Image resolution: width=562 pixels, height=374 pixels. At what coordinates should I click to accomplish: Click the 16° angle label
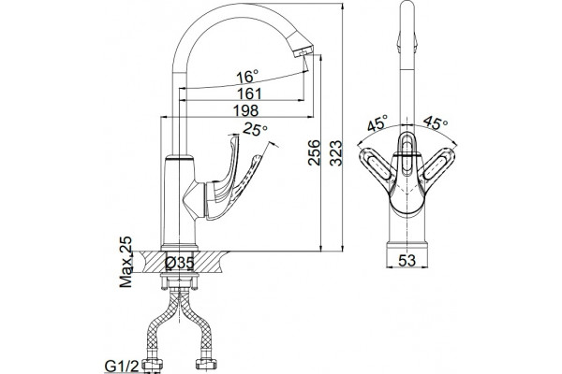[x=247, y=77]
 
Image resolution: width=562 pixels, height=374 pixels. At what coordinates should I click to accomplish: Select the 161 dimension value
[x=249, y=93]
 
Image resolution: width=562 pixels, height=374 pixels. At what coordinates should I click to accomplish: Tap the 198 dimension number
[x=245, y=110]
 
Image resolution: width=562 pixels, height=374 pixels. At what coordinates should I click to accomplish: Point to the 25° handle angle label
[x=255, y=129]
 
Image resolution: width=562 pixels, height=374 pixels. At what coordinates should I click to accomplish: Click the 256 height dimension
[x=314, y=152]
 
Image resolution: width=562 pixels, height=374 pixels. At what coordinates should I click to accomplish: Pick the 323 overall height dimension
[x=336, y=153]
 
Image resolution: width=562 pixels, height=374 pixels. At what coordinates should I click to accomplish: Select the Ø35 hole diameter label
[x=180, y=263]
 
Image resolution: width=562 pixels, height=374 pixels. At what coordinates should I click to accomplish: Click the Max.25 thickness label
[x=126, y=262]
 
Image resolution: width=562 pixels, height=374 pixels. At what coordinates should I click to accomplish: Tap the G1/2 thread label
[x=122, y=367]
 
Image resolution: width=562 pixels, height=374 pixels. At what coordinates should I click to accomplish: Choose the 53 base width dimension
[x=407, y=260]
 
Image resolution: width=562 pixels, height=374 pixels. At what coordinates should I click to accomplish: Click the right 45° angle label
[x=436, y=122]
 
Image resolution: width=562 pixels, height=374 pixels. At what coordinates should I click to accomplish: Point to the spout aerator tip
[x=303, y=51]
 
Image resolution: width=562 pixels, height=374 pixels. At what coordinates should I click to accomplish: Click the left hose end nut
[x=153, y=365]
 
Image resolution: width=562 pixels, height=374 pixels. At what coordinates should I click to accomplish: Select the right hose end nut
[x=206, y=365]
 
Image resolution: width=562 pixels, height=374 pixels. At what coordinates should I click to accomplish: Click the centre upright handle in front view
[x=407, y=154]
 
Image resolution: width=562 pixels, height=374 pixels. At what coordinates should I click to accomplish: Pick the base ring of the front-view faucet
[x=407, y=247]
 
